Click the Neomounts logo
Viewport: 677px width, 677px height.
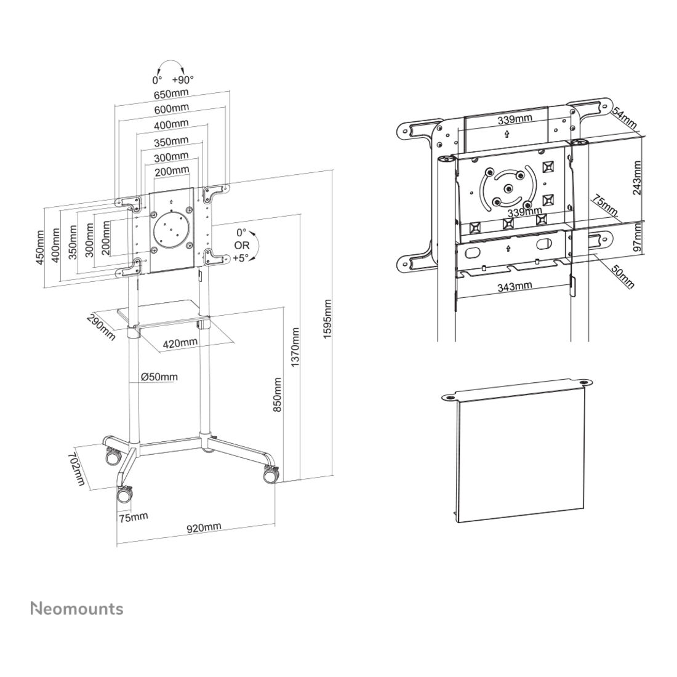pyautogui.click(x=77, y=609)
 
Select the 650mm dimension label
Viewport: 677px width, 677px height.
pyautogui.click(x=172, y=94)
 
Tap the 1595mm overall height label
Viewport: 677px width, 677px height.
pyautogui.click(x=327, y=319)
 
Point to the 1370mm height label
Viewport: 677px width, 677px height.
pyautogui.click(x=295, y=347)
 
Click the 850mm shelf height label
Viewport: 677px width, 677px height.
pyautogui.click(x=278, y=395)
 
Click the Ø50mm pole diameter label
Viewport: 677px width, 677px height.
pyautogui.click(x=159, y=377)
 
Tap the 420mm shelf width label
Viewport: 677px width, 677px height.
pyautogui.click(x=180, y=343)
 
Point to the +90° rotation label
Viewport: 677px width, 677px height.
pyautogui.click(x=183, y=79)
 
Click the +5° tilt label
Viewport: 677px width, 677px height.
pyautogui.click(x=241, y=258)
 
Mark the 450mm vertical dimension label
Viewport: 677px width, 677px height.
pyautogui.click(x=40, y=248)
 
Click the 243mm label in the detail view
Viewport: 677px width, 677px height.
pyautogui.click(x=636, y=178)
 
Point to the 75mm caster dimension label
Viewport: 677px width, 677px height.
pyautogui.click(x=134, y=516)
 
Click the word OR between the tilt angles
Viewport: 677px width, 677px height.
pyautogui.click(x=242, y=245)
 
